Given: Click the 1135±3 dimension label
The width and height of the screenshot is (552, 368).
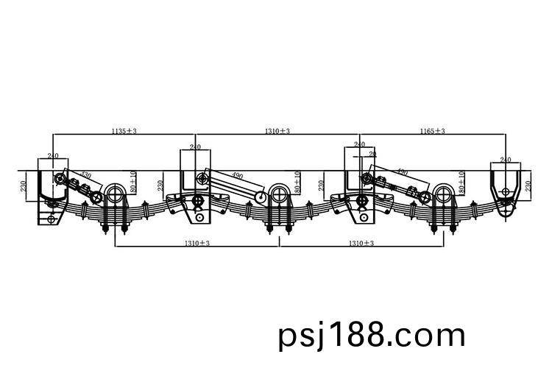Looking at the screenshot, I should tap(124, 130).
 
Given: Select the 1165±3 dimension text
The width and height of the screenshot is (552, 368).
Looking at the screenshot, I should tap(433, 130).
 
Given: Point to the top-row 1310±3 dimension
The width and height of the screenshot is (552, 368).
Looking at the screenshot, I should tap(277, 130).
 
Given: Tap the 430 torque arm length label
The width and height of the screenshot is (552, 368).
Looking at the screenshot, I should tap(86, 176).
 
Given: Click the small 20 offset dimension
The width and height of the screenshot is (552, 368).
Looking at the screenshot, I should tap(372, 154).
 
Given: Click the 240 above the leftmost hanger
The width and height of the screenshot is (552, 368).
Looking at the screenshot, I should tap(53, 155).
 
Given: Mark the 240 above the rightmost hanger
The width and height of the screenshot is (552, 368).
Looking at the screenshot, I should tap(506, 159).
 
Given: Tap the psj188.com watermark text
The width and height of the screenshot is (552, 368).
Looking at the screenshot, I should tap(372, 336).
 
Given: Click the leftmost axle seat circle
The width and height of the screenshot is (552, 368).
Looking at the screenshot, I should tap(115, 195).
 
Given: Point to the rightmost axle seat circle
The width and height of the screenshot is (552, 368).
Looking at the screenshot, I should tap(442, 195).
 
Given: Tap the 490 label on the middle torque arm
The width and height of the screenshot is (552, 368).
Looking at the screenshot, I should tap(237, 176).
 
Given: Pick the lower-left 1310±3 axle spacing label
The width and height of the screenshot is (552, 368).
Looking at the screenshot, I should tap(197, 243).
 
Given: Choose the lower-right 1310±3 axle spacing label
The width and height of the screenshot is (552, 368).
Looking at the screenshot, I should tap(361, 243).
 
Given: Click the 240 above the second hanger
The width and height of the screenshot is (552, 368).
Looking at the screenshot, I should tap(196, 147).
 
